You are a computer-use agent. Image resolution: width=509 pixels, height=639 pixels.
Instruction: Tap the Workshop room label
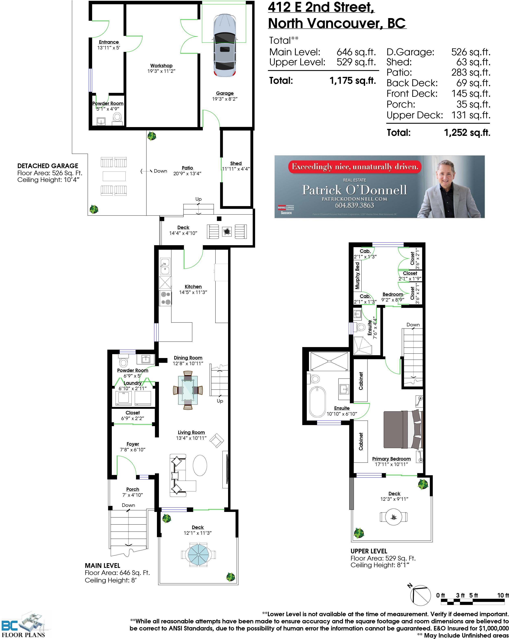(161, 65)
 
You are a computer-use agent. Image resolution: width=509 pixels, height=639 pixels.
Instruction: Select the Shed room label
(236, 163)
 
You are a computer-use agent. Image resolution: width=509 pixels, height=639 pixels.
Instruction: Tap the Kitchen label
(193, 287)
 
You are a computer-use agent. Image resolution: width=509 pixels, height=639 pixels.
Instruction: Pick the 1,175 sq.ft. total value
(352, 81)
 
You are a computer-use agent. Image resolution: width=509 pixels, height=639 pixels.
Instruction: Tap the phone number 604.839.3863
(354, 205)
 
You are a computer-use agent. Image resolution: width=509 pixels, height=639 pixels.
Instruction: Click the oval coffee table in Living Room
(200, 465)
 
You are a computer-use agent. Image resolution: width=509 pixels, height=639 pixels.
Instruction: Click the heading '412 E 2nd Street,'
(321, 7)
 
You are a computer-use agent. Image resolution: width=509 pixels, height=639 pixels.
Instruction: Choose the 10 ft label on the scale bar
(503, 595)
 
